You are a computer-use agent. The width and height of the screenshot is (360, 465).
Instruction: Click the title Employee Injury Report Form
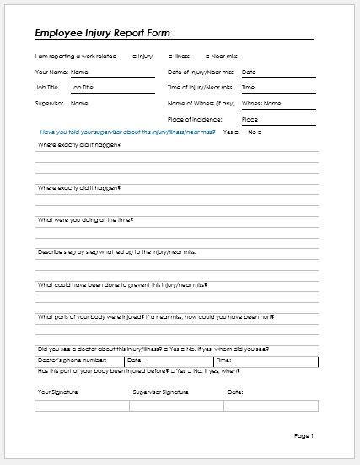click(x=101, y=34)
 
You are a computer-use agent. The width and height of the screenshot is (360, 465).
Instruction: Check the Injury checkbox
click(x=135, y=57)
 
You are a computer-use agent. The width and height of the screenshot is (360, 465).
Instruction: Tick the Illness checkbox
click(x=172, y=57)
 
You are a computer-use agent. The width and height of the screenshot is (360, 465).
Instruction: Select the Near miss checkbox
click(x=207, y=57)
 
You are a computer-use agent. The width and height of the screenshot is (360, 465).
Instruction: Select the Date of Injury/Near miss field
click(x=278, y=73)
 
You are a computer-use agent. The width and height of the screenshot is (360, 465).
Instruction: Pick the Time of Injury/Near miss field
click(x=278, y=87)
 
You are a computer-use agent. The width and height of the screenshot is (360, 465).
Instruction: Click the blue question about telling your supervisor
click(x=127, y=132)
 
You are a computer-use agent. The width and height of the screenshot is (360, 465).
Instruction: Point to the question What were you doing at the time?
click(x=85, y=219)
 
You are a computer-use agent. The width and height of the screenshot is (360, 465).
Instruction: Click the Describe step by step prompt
click(x=116, y=251)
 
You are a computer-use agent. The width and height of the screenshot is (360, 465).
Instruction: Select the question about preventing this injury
click(x=110, y=284)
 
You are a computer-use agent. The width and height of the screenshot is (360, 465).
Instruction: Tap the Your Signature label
click(x=56, y=392)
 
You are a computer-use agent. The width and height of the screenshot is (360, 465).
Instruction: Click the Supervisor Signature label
click(x=160, y=392)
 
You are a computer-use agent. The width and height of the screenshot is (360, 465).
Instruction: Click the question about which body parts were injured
click(x=155, y=316)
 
